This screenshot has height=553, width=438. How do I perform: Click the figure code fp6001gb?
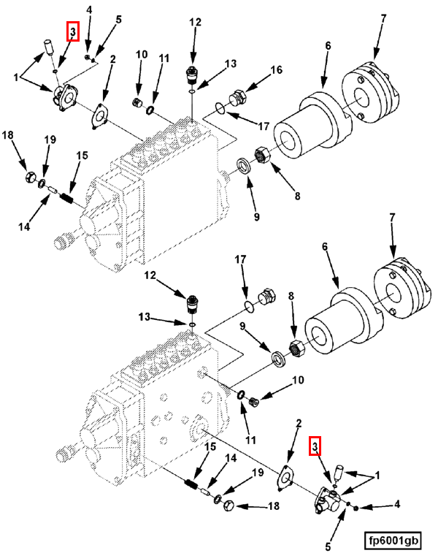click(393, 541)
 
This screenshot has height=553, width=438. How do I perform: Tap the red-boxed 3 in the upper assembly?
click(72, 31)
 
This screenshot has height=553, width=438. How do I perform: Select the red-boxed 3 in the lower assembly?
click(315, 445)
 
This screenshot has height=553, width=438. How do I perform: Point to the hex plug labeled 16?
click(237, 99)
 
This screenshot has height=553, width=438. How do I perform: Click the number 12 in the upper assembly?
click(194, 22)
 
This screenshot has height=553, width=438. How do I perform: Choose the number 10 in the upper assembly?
click(141, 55)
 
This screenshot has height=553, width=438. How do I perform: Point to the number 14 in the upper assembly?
click(25, 227)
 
